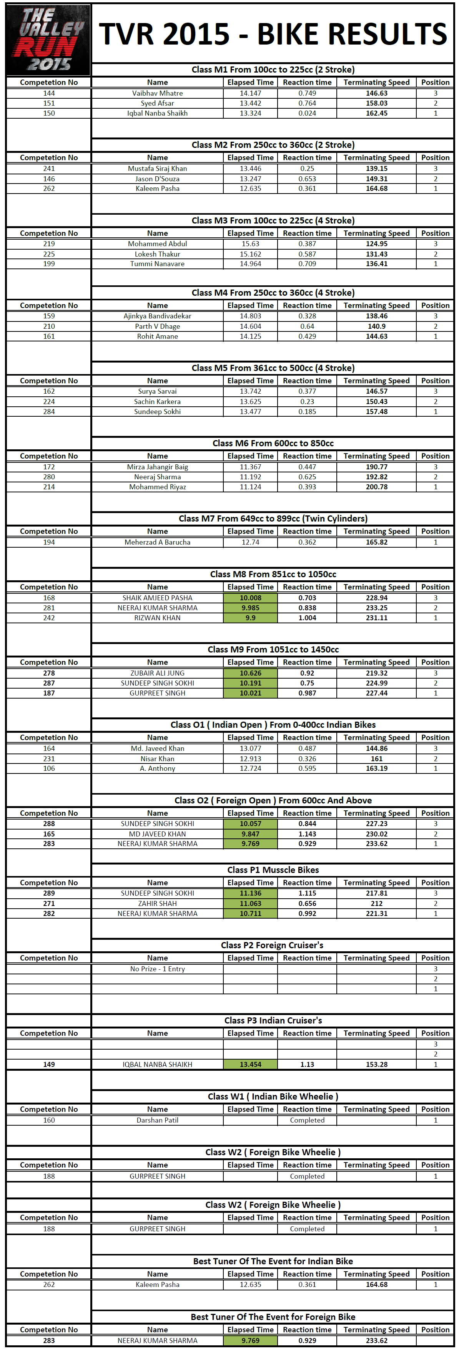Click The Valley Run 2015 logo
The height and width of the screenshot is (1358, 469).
[x=48, y=40]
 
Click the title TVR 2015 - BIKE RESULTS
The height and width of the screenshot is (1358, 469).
[x=273, y=34]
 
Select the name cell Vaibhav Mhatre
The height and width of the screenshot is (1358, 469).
[x=157, y=93]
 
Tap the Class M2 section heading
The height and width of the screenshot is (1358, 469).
[x=273, y=145]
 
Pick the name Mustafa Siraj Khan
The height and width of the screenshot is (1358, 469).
[x=157, y=169]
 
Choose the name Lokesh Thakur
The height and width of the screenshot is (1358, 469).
[x=157, y=254]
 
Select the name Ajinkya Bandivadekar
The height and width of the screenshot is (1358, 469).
[x=157, y=316]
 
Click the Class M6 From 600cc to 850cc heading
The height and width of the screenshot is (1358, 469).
[x=273, y=443]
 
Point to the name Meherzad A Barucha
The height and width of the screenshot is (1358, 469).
[x=157, y=542]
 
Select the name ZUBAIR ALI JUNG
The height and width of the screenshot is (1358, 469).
[x=157, y=673]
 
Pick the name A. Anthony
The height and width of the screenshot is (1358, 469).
[x=157, y=768]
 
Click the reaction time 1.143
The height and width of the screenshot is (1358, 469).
[x=307, y=834]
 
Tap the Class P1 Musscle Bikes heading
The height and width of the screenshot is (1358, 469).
[x=273, y=870]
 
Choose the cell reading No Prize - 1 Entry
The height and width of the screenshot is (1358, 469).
[x=157, y=969]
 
